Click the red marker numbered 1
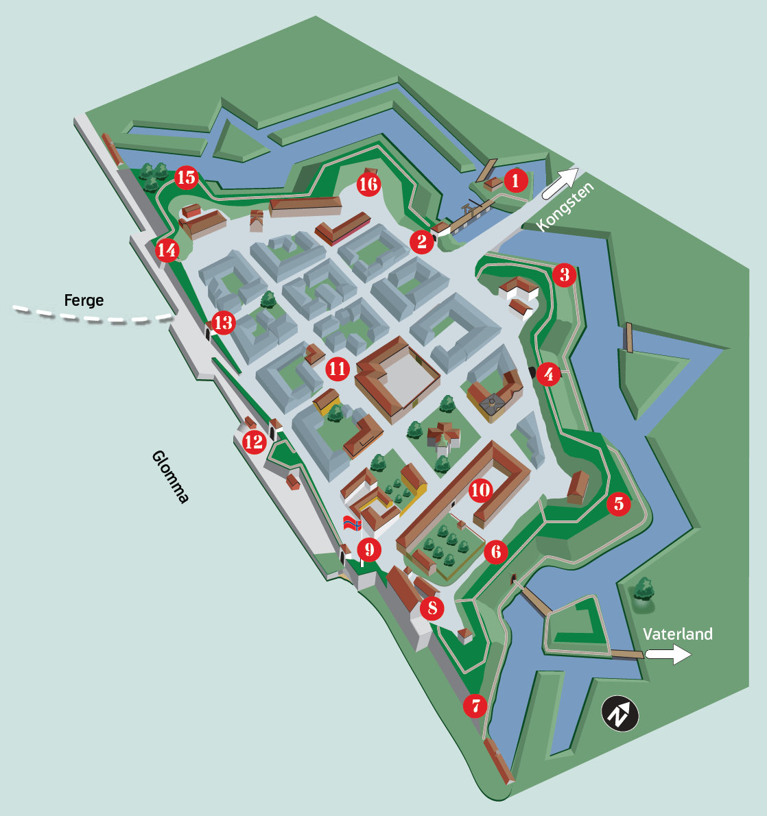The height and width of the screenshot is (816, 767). tap(515, 181)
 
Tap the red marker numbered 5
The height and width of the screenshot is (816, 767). tap(618, 504)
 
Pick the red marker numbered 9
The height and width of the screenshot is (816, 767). tap(369, 549)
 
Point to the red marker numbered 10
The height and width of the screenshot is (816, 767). tap(481, 490)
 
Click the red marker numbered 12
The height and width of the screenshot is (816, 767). tap(254, 442)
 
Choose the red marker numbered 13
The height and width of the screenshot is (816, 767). tap(224, 322)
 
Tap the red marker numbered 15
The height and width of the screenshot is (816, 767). tap(186, 178)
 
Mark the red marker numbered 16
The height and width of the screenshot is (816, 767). tap(368, 184)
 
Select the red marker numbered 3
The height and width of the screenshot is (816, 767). tap(564, 275)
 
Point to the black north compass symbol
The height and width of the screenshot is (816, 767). tap(620, 715)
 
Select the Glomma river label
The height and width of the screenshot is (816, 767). tap(169, 476)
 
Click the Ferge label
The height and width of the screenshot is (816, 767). tap(84, 300)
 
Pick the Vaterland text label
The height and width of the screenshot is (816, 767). tap(678, 634)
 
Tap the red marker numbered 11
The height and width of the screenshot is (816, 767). tap(337, 369)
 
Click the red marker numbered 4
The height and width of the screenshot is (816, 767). tap(548, 374)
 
